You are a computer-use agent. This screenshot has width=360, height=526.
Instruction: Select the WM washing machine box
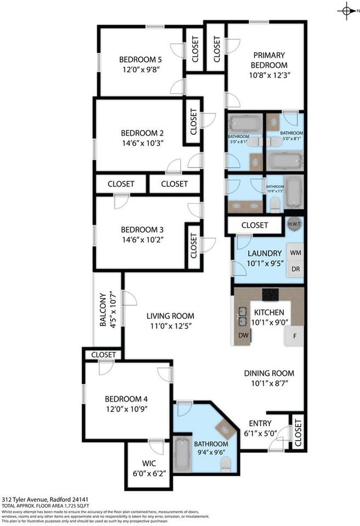(295, 253)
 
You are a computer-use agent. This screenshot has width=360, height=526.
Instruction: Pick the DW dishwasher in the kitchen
(242, 335)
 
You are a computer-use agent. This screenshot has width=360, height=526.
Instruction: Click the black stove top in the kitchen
(271, 295)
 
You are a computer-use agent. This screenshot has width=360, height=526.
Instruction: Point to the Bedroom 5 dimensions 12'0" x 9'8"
(141, 70)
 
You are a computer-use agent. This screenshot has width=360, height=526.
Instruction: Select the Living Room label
(170, 316)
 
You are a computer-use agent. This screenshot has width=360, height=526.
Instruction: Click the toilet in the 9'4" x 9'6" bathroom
(225, 465)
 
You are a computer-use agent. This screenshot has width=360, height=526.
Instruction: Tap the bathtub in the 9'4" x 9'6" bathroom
(181, 455)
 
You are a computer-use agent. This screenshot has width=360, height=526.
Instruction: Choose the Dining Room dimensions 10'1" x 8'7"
(269, 384)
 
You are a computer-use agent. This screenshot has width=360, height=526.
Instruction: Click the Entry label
(260, 423)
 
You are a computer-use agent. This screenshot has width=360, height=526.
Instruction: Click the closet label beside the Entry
(298, 432)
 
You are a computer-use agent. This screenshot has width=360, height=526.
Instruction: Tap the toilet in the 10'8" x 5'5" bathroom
(275, 204)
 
